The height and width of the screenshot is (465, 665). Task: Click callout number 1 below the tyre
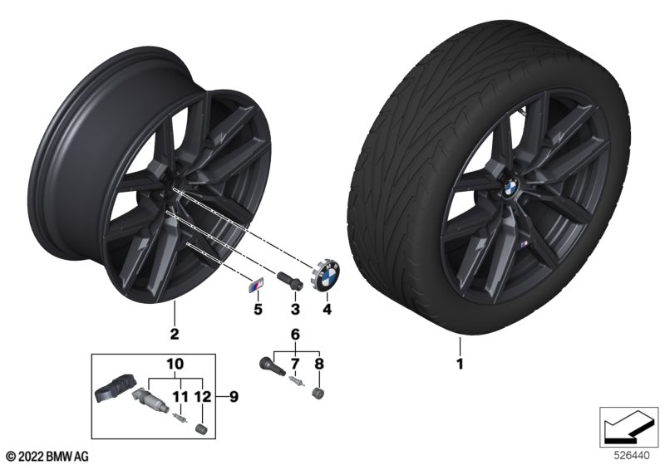click(x=460, y=364)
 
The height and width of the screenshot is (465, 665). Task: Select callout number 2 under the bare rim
click(x=175, y=334)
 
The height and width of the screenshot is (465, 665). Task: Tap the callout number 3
click(x=295, y=309)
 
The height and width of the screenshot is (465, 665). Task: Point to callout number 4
click(x=327, y=309)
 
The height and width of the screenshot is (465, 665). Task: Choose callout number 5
click(x=258, y=309)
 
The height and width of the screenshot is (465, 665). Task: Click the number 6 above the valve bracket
click(x=295, y=335)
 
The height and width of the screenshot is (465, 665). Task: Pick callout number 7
click(x=295, y=364)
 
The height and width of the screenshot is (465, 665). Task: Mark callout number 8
click(x=319, y=364)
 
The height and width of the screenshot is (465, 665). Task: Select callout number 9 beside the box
click(x=234, y=397)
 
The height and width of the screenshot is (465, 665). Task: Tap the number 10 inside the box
click(x=175, y=364)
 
